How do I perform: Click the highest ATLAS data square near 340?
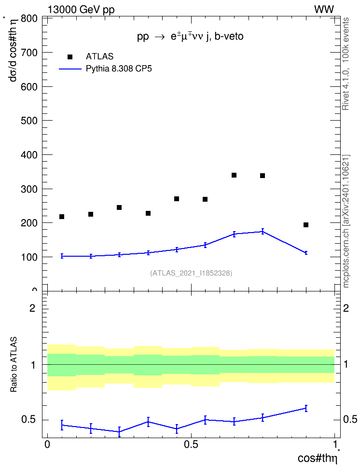tap(234, 175)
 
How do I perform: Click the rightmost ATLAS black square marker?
tap(306, 225)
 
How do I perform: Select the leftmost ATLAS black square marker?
tap(62, 217)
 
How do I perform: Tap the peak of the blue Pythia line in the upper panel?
tap(263, 231)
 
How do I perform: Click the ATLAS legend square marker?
tap(70, 57)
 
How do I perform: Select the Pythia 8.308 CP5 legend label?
tap(119, 69)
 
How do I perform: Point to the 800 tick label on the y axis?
tap(29, 18)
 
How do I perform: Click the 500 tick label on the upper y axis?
tap(29, 121)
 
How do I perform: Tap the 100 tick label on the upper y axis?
tap(29, 257)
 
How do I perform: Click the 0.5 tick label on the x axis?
tap(191, 444)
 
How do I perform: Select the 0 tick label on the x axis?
tap(47, 444)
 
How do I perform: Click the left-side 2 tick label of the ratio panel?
tap(32, 308)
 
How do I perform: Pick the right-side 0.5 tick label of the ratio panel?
tap(350, 419)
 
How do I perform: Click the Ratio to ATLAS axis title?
tap(14, 364)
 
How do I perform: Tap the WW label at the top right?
tap(324, 10)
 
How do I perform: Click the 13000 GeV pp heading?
tap(81, 10)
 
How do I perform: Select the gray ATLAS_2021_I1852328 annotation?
tap(191, 273)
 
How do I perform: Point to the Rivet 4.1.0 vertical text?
tap(346, 91)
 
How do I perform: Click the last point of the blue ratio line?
tap(306, 408)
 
